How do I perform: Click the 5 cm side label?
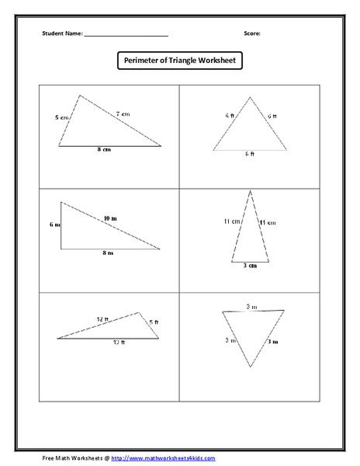click(x=61, y=117)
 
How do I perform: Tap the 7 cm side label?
click(x=123, y=113)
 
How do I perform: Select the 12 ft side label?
click(x=103, y=319)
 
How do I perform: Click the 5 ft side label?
click(x=154, y=322)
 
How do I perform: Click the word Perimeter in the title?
click(x=142, y=61)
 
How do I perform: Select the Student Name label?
click(x=62, y=34)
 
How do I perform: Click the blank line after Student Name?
click(x=126, y=36)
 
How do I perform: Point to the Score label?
click(x=251, y=34)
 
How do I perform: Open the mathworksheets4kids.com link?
click(x=163, y=459)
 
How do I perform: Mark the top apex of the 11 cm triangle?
click(x=250, y=191)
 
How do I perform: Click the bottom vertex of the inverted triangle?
click(x=250, y=367)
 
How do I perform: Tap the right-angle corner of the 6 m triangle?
click(x=61, y=249)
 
